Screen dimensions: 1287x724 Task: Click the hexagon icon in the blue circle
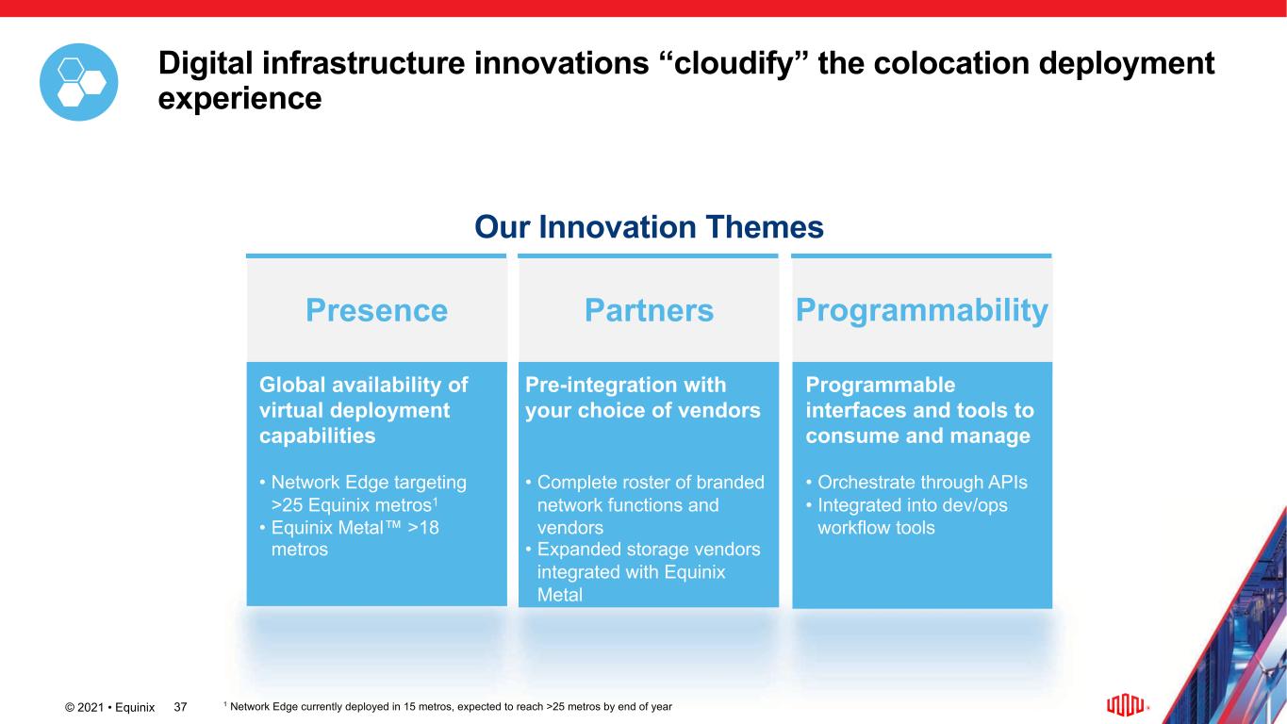[x=78, y=82]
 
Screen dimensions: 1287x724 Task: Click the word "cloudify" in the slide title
[x=734, y=63]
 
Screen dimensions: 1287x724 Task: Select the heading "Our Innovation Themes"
[x=649, y=227]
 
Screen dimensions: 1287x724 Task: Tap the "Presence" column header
[x=376, y=310]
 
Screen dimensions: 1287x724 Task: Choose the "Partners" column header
[x=649, y=310]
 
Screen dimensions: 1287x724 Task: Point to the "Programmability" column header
[x=921, y=311]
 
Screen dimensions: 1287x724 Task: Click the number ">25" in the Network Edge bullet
[x=287, y=505]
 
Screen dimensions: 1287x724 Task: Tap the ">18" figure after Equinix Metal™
[x=422, y=528]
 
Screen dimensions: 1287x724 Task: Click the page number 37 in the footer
[x=180, y=707]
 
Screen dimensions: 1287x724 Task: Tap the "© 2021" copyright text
[x=84, y=707]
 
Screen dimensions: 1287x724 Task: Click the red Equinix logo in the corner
[x=1126, y=705]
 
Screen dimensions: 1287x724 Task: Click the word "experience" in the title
[x=239, y=98]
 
